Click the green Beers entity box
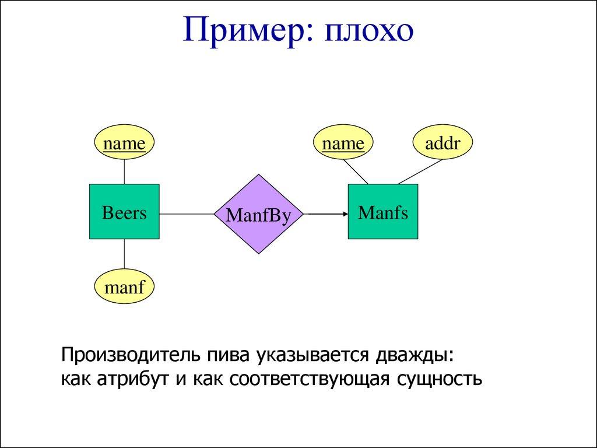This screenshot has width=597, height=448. pyautogui.click(x=124, y=212)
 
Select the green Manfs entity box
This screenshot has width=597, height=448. pyautogui.click(x=382, y=212)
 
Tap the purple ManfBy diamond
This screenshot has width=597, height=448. pyautogui.click(x=258, y=214)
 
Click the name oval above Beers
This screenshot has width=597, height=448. pyautogui.click(x=124, y=143)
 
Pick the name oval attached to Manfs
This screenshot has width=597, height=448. pyautogui.click(x=343, y=143)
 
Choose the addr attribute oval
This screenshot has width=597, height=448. pyautogui.click(x=443, y=143)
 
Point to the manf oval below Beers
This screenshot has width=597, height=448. pyautogui.click(x=124, y=286)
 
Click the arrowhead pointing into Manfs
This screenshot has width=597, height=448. pyautogui.click(x=344, y=214)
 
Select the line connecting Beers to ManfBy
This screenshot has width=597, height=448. pyautogui.click(x=187, y=214)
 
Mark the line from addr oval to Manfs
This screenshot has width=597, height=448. pyautogui.click(x=420, y=172)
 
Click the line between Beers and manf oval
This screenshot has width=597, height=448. pyautogui.click(x=124, y=254)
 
